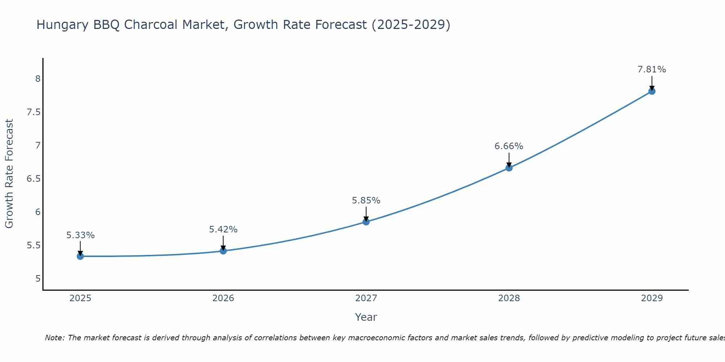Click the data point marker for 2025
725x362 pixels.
80,256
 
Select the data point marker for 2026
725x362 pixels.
223,251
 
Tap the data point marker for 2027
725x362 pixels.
366,222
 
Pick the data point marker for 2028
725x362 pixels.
509,168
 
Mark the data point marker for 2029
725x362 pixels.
652,91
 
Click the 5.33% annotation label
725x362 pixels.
80,235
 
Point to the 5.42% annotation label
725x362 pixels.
223,230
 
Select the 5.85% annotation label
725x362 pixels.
366,201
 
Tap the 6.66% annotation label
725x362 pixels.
509,146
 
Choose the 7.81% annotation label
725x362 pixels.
652,70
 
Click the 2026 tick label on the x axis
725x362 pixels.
223,298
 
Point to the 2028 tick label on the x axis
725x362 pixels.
509,298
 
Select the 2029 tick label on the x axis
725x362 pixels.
652,298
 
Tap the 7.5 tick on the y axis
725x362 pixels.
33,112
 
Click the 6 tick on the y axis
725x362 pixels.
38,212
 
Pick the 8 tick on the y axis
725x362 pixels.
38,79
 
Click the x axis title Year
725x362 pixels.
366,317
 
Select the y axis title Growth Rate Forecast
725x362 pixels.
9,174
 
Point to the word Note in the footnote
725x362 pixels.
54,338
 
